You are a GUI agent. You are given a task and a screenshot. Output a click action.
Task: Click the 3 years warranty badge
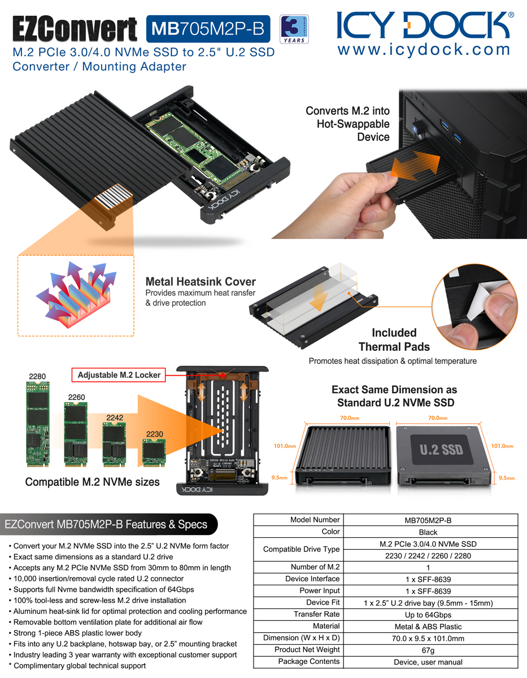click(294, 29)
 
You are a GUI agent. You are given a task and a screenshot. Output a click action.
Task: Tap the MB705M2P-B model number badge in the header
click(208, 29)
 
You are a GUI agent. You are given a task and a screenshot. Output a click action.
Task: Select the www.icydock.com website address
click(424, 50)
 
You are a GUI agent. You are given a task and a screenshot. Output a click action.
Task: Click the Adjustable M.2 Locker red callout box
click(119, 375)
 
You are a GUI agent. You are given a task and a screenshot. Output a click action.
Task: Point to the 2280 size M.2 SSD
click(38, 424)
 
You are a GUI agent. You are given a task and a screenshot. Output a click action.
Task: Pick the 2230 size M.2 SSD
click(154, 453)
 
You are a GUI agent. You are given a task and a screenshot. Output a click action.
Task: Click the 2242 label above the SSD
click(115, 418)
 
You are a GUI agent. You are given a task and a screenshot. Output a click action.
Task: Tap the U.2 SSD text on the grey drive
click(441, 450)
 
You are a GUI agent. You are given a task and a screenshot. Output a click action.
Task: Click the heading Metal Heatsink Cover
click(201, 281)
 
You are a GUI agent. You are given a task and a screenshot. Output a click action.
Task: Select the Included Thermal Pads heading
click(394, 340)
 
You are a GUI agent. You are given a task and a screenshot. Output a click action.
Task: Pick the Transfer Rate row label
click(316, 614)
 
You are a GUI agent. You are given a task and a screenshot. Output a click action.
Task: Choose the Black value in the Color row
click(428, 532)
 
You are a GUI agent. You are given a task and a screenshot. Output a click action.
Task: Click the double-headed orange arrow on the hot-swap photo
click(415, 166)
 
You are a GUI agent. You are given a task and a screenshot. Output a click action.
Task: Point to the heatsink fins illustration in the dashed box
click(76, 295)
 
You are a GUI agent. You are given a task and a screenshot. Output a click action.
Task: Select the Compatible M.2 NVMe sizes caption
click(92, 482)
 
